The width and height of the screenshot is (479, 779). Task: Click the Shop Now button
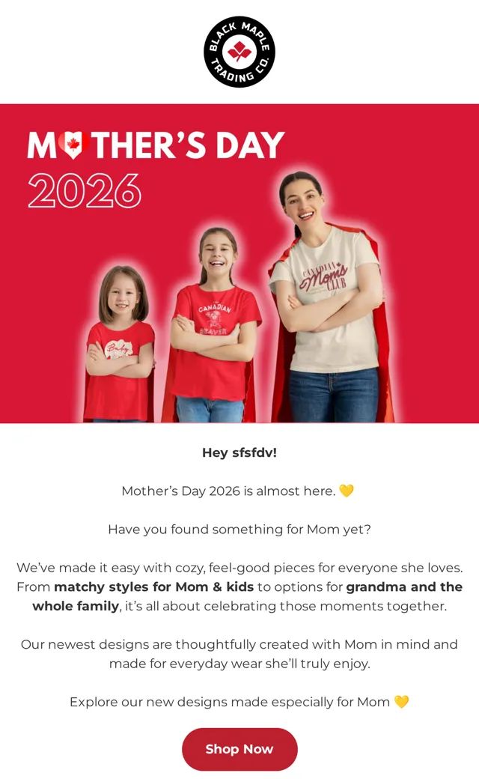pyautogui.click(x=239, y=749)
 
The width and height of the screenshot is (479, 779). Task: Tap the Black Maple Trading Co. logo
pyautogui.click(x=239, y=52)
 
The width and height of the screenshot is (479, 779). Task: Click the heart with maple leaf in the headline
pyautogui.click(x=73, y=145)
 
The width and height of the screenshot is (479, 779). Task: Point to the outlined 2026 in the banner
pyautogui.click(x=85, y=190)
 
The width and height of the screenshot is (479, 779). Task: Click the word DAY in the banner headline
pyautogui.click(x=250, y=145)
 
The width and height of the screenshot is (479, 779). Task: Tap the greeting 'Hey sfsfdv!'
pyautogui.click(x=239, y=452)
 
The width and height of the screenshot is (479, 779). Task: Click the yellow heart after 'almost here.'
pyautogui.click(x=346, y=491)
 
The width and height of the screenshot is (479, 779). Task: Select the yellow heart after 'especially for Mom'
pyautogui.click(x=401, y=702)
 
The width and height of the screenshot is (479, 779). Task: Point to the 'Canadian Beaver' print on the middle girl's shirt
pyautogui.click(x=215, y=318)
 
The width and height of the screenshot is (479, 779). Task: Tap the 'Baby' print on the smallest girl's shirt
pyautogui.click(x=118, y=349)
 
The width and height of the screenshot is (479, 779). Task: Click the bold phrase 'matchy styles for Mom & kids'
pyautogui.click(x=154, y=586)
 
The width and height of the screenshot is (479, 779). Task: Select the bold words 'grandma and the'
pyautogui.click(x=404, y=586)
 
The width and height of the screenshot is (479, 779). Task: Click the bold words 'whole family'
pyautogui.click(x=76, y=606)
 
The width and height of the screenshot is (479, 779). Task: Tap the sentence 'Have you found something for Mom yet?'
pyautogui.click(x=239, y=529)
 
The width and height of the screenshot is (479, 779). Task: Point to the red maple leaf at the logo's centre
pyautogui.click(x=239, y=51)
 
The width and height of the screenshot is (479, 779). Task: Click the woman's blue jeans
pyautogui.click(x=334, y=395)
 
